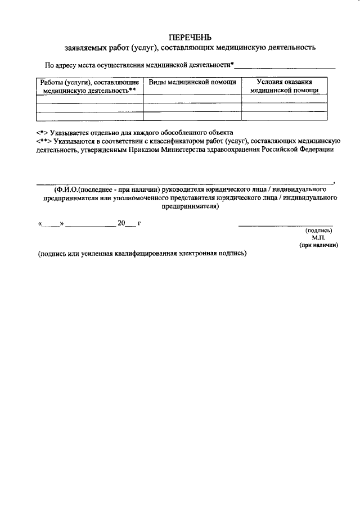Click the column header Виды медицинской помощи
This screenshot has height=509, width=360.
[x=192, y=82]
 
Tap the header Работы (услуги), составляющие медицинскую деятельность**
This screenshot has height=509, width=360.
[x=89, y=86]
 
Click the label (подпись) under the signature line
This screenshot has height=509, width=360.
[x=318, y=231]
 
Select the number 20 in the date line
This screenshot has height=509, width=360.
[x=121, y=223]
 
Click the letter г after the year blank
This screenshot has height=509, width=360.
[x=139, y=223]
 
